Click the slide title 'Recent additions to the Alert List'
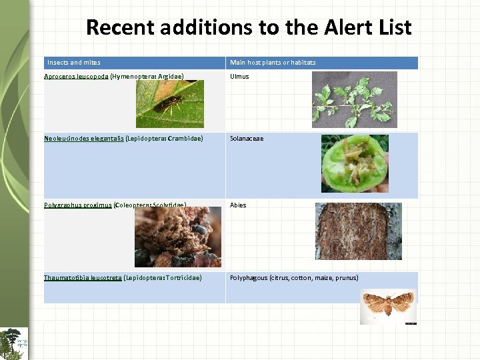tap(249, 27)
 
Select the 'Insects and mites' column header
tap(74, 63)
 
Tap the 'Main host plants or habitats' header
tap(273, 63)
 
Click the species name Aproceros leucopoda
tap(76, 77)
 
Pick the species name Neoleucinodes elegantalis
tap(83, 139)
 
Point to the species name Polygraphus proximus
tap(77, 205)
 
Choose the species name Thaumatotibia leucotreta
tap(83, 277)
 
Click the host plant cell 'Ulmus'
tap(239, 77)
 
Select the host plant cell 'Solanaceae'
tap(247, 139)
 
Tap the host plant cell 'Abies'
tap(238, 205)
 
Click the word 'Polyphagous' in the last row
tap(249, 277)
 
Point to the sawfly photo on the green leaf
tap(170, 104)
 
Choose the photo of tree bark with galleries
tap(358, 231)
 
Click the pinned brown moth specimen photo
tap(388, 306)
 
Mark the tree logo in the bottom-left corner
tap(14, 343)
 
